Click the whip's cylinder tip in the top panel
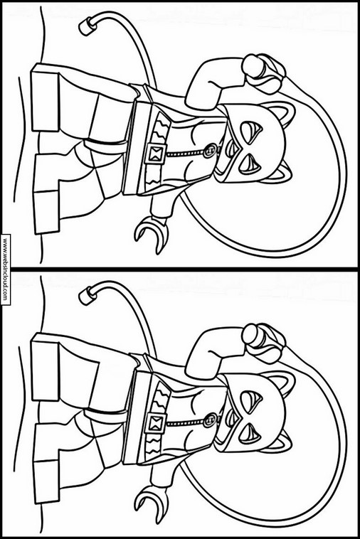pos(87,26)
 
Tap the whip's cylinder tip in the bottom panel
pos(87,296)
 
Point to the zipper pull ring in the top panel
pos(208,151)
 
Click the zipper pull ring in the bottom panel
pos(208,420)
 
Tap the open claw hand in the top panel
pos(152,234)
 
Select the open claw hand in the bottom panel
pos(152,503)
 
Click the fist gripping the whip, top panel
pos(263,73)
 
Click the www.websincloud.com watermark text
pos(5,269)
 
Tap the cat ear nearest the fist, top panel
pos(284,114)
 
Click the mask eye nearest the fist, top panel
pos(251,131)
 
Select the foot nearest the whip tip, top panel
pos(46,99)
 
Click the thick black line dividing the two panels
pos(180,268)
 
